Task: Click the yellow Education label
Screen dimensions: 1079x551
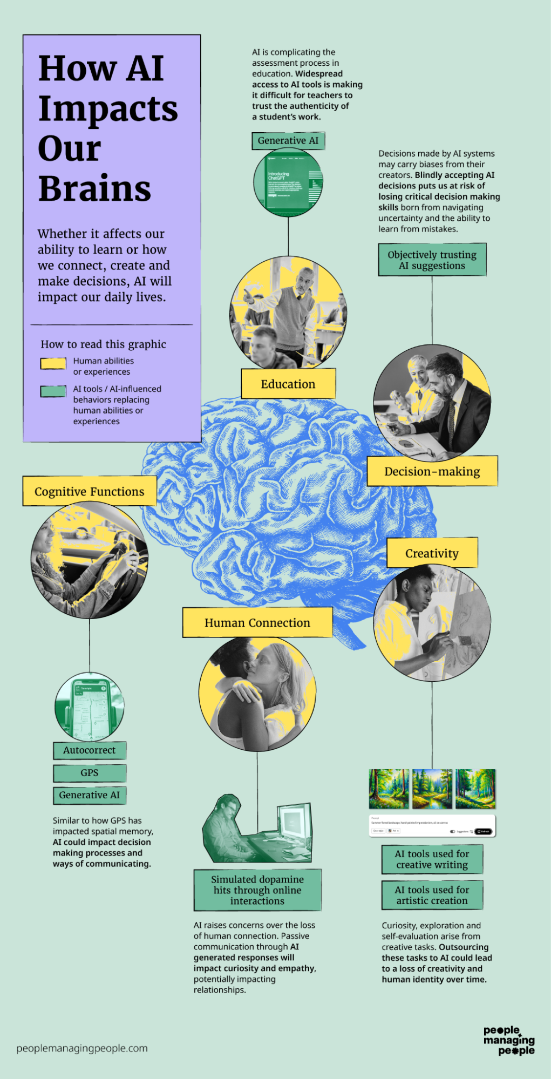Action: tap(288, 384)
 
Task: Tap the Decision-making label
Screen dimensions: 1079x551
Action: tap(432, 471)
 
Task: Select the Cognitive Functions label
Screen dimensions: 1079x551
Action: tap(90, 491)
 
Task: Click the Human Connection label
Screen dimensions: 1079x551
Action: tap(257, 622)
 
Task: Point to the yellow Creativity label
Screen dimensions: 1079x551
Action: tap(432, 553)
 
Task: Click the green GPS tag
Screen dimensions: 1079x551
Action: tap(90, 773)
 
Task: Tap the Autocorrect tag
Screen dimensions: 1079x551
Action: tap(90, 750)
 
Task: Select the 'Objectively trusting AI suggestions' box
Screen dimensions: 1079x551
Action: tap(432, 260)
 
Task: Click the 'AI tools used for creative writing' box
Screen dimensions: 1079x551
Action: tap(432, 859)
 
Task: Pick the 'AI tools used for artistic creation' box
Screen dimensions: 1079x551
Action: tap(432, 895)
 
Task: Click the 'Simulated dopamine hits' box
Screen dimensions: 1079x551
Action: tap(257, 890)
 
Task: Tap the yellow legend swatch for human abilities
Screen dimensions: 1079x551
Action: tap(53, 363)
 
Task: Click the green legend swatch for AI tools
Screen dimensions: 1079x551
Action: tap(53, 391)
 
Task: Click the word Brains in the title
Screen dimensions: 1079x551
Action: tap(95, 188)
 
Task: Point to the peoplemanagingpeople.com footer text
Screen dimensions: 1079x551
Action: tap(82, 1048)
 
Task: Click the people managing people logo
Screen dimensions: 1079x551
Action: tap(509, 1040)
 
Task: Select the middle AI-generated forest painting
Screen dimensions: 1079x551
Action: tap(432, 789)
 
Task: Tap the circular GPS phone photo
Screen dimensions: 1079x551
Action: tap(90, 707)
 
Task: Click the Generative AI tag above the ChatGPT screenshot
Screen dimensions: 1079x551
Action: tap(288, 141)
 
